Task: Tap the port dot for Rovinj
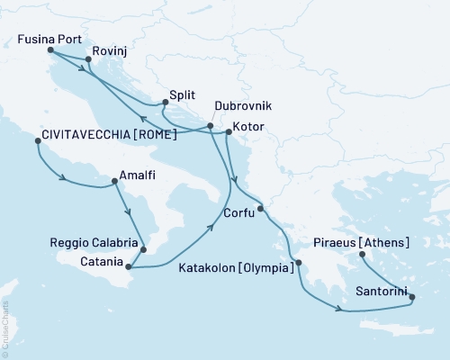[88, 60]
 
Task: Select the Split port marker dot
[165, 103]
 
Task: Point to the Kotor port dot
[229, 133]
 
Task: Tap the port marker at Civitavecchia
[37, 141]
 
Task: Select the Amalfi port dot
[114, 181]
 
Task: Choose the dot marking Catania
[129, 266]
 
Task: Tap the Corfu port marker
[260, 210]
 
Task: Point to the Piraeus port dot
[363, 256]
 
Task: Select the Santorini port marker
[412, 295]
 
